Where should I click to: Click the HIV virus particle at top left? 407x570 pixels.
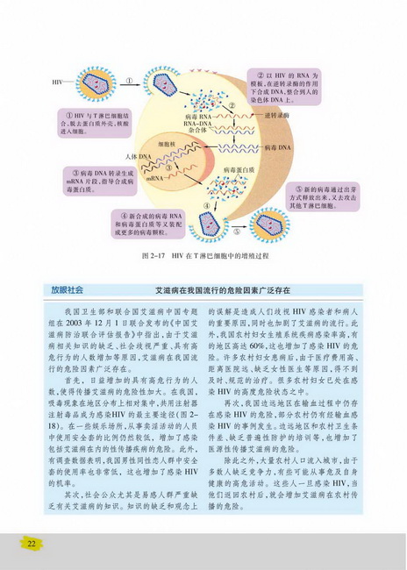[x=94, y=84]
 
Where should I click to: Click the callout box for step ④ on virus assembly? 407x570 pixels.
[x=149, y=224]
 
